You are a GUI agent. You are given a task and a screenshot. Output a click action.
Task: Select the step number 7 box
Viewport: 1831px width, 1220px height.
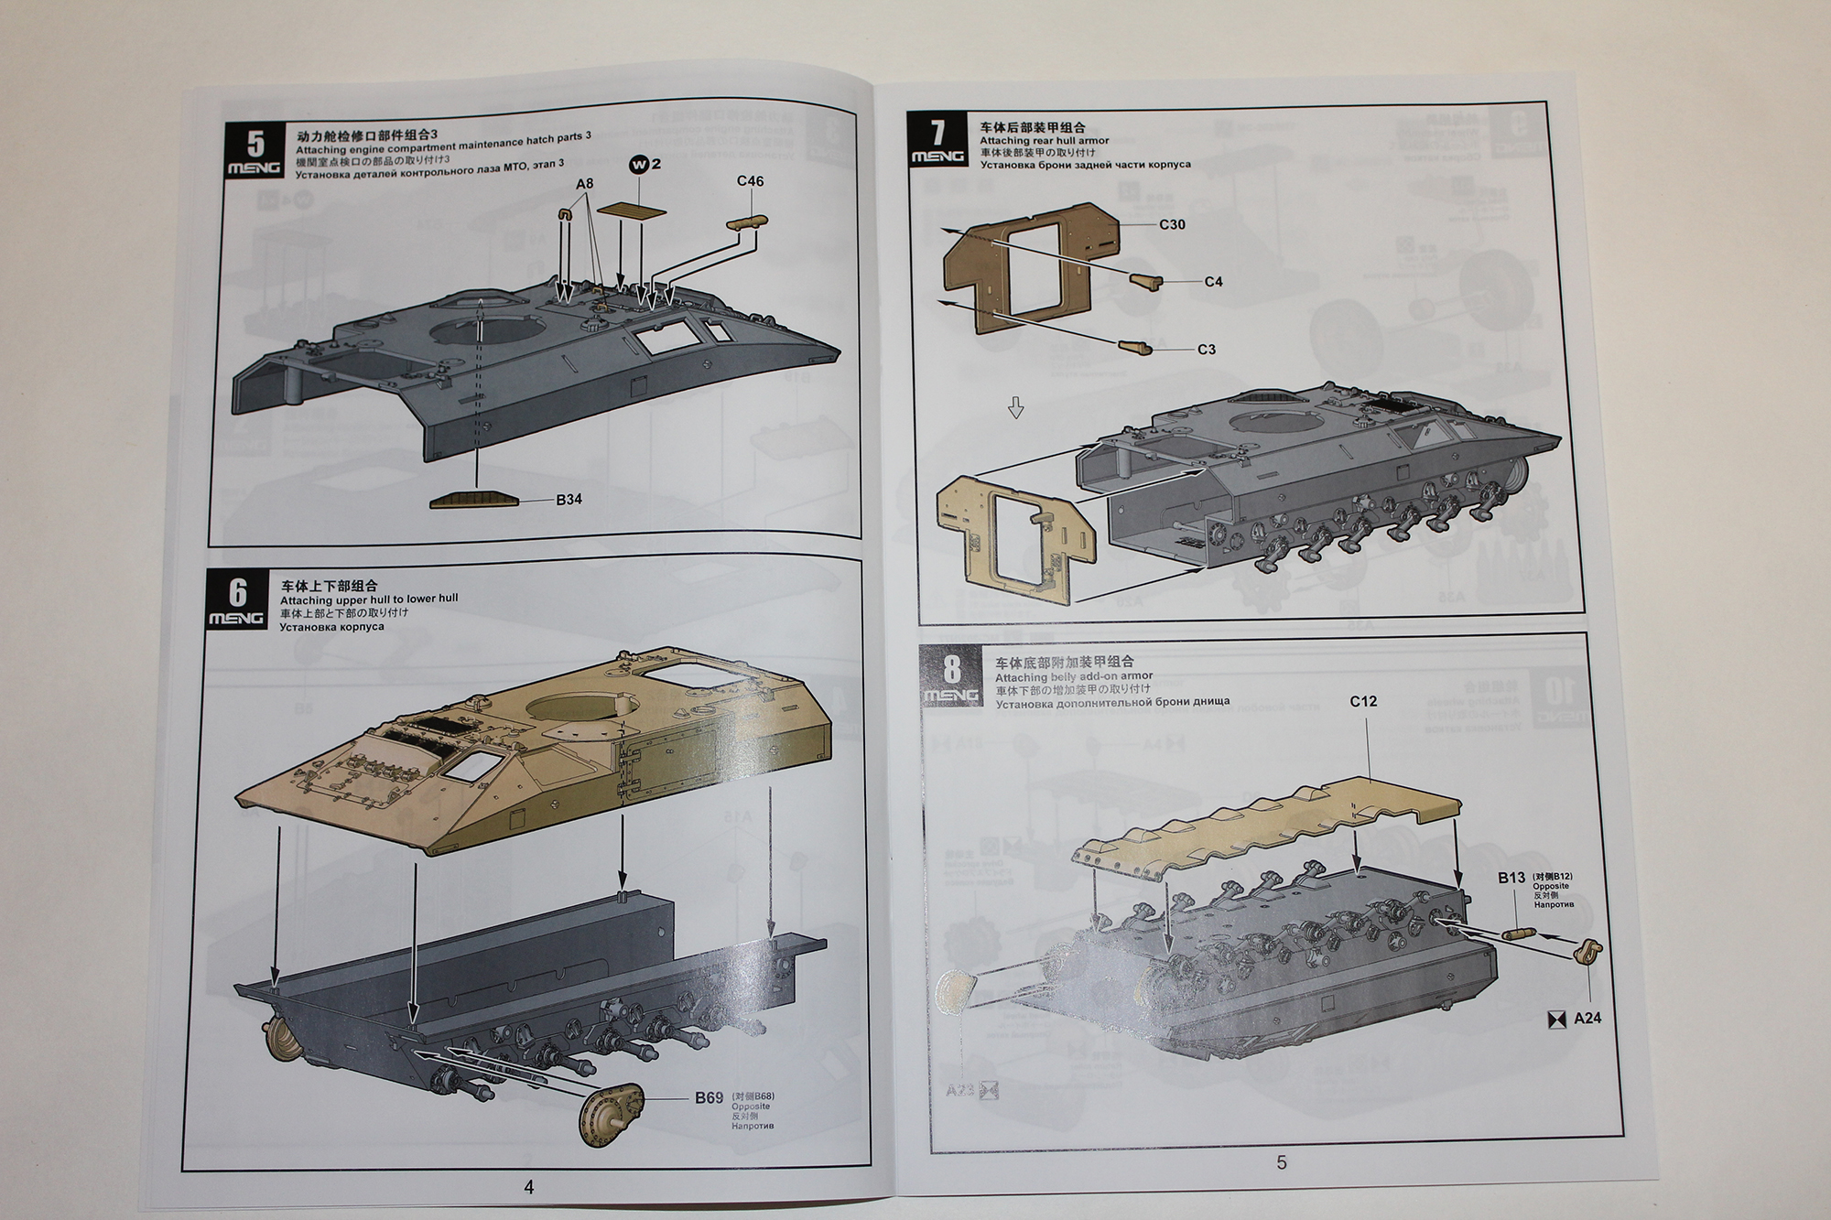pos(937,140)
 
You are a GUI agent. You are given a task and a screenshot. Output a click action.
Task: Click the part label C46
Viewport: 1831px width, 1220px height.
pos(750,181)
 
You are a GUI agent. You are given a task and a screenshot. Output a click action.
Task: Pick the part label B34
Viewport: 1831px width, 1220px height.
pos(569,500)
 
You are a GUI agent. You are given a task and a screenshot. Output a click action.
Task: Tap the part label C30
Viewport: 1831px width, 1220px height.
pos(1172,224)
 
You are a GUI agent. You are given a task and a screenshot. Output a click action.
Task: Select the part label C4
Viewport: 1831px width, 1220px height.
pos(1213,282)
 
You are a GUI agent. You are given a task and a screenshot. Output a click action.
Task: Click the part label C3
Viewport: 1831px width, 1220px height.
pos(1207,350)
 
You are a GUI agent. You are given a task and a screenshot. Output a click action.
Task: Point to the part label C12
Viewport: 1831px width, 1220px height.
pos(1363,701)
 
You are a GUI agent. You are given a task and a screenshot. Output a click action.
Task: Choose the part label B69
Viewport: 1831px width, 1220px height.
pos(709,1098)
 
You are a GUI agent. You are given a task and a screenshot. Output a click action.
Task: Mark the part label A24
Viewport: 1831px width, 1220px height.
pos(1587,1018)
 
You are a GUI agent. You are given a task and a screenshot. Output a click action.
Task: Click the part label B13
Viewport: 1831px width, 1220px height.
pos(1511,878)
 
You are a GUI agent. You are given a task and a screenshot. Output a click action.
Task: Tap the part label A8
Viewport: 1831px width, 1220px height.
pos(584,183)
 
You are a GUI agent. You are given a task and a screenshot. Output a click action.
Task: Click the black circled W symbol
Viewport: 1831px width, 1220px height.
pos(639,165)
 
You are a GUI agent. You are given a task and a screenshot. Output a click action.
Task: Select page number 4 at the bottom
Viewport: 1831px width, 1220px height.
pos(528,1187)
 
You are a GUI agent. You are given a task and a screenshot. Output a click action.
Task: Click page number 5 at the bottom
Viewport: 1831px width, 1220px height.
pos(1281,1162)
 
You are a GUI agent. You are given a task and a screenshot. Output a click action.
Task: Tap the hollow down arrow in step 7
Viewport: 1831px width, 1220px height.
pos(1015,408)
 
